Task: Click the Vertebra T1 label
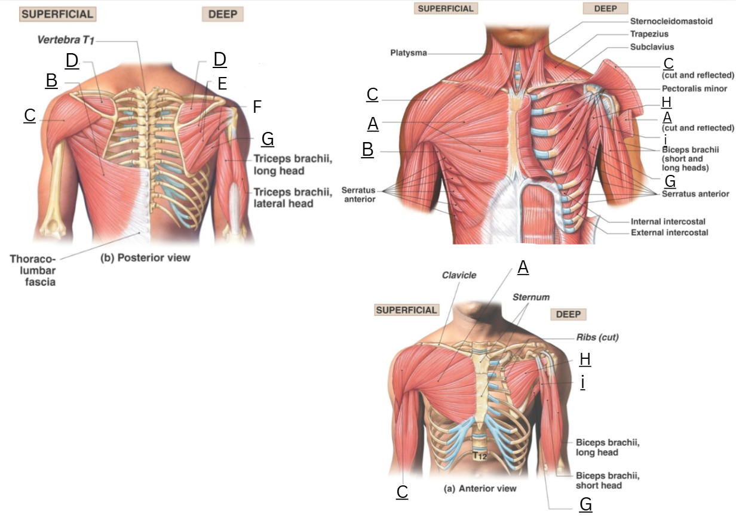[66, 40]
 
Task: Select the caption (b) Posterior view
[145, 258]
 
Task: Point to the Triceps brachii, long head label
[293, 164]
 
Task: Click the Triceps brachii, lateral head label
[293, 198]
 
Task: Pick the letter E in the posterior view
[222, 84]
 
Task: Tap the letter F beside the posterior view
[257, 107]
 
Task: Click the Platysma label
[409, 53]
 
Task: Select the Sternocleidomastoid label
[671, 21]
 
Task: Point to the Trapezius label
[649, 34]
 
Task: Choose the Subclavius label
[652, 47]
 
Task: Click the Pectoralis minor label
[694, 88]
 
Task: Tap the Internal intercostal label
[668, 221]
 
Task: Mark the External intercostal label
[669, 233]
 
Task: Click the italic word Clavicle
[459, 275]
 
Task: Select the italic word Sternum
[531, 297]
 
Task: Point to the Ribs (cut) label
[597, 337]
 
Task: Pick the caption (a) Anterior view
[480, 488]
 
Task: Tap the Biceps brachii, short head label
[608, 481]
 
